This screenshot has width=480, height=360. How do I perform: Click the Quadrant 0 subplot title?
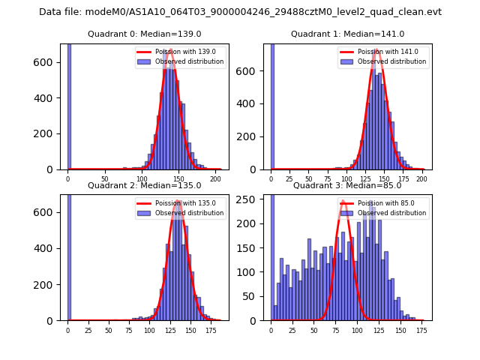point(145,34)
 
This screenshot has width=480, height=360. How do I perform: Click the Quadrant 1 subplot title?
point(347,34)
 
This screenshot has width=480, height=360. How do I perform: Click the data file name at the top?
point(240,12)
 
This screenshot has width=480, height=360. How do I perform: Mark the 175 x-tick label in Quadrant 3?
point(421,330)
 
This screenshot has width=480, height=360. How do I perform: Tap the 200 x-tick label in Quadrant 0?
point(216,179)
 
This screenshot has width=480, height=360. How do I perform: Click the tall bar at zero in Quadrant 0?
point(69,105)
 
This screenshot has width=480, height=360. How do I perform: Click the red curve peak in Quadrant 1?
point(376,51)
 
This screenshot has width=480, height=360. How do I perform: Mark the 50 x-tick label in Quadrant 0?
point(104,179)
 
